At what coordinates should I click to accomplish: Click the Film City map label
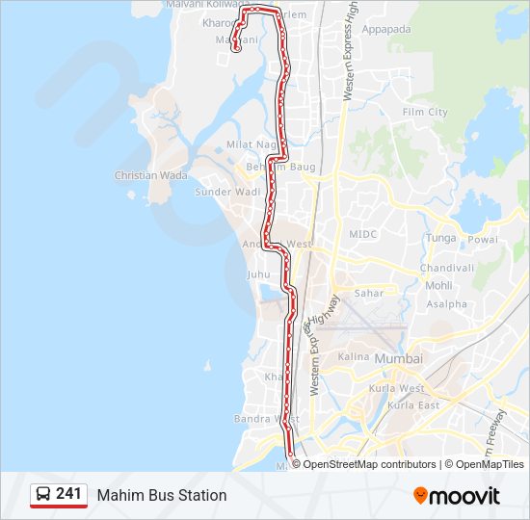click(425, 113)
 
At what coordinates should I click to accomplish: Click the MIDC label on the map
click(363, 234)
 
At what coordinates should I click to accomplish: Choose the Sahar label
click(369, 294)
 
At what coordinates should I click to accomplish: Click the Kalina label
click(354, 356)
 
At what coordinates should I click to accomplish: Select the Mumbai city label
click(399, 359)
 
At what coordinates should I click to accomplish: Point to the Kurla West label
click(406, 388)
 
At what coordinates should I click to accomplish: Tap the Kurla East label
click(412, 405)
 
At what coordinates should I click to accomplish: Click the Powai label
click(483, 239)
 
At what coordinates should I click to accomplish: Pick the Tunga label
click(440, 238)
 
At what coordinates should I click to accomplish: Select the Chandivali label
click(447, 269)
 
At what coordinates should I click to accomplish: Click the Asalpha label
click(446, 304)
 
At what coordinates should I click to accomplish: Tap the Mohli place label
click(438, 286)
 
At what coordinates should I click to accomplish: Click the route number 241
click(68, 494)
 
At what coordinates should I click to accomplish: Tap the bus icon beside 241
click(43, 495)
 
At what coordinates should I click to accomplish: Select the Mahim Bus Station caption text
click(162, 495)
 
